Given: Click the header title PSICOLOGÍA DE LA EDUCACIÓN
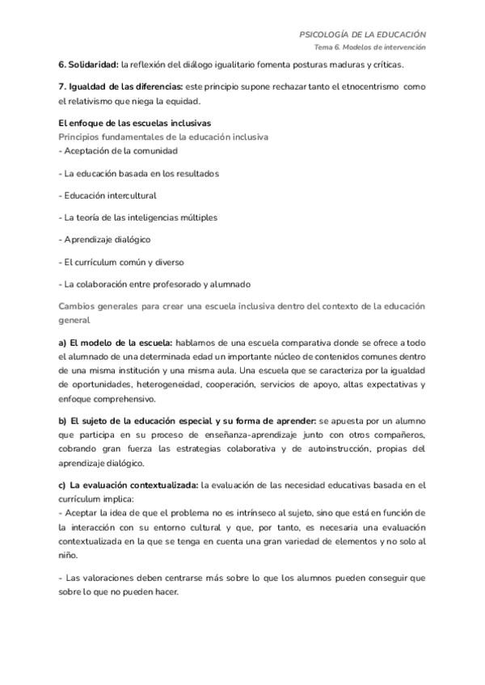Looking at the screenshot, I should [362, 35].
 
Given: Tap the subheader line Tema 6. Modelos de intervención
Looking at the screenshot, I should [370, 48].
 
